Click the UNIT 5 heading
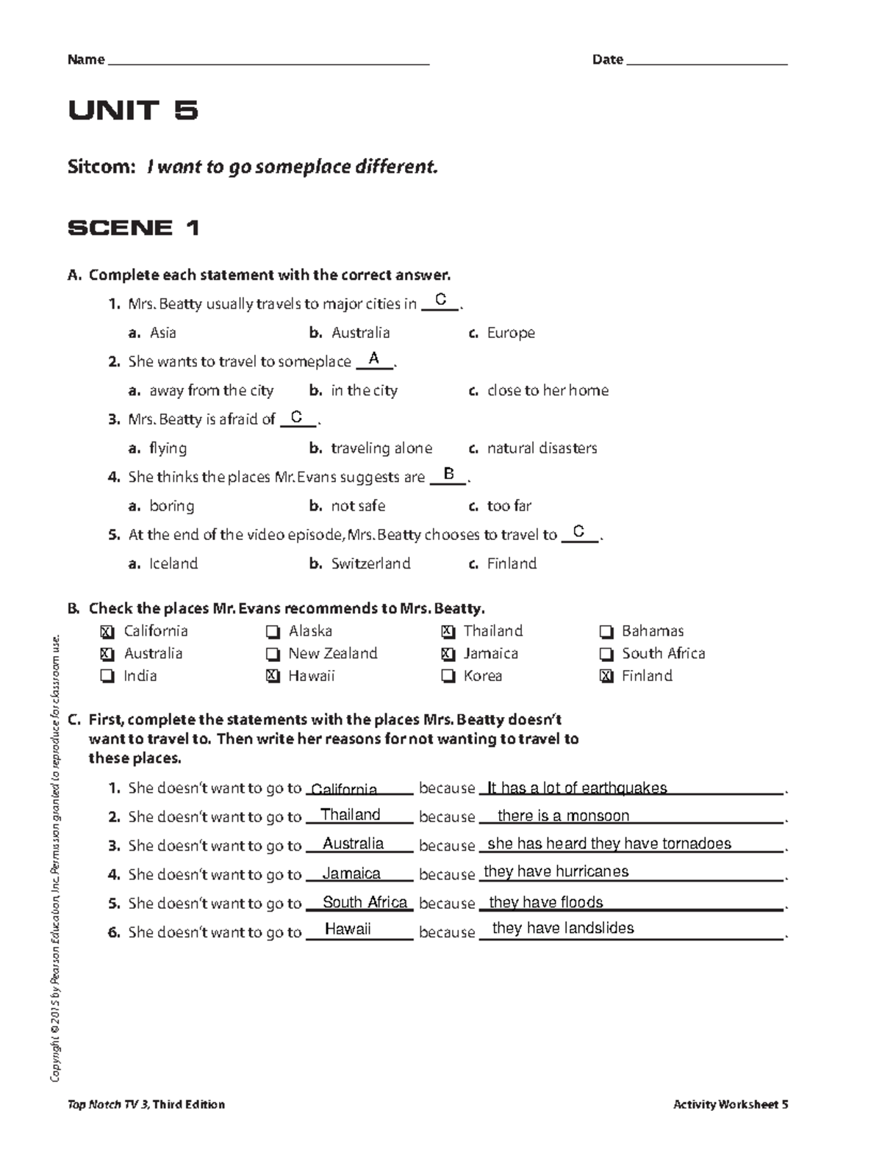pyautogui.click(x=133, y=110)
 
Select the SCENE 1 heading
pyautogui.click(x=133, y=228)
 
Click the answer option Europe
pyautogui.click(x=510, y=333)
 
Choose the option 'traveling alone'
pyautogui.click(x=381, y=448)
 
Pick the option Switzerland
pyautogui.click(x=370, y=564)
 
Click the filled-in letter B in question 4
pyautogui.click(x=448, y=474)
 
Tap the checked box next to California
pyautogui.click(x=107, y=632)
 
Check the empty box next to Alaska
pyautogui.click(x=273, y=632)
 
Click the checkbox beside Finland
pyautogui.click(x=606, y=677)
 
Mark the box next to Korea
pyautogui.click(x=448, y=677)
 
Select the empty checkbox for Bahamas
pyautogui.click(x=606, y=632)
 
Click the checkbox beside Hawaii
pyautogui.click(x=273, y=677)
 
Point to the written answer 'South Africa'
pyautogui.click(x=365, y=902)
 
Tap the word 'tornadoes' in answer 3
pyautogui.click(x=696, y=843)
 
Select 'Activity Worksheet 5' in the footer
pyautogui.click(x=731, y=1104)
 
